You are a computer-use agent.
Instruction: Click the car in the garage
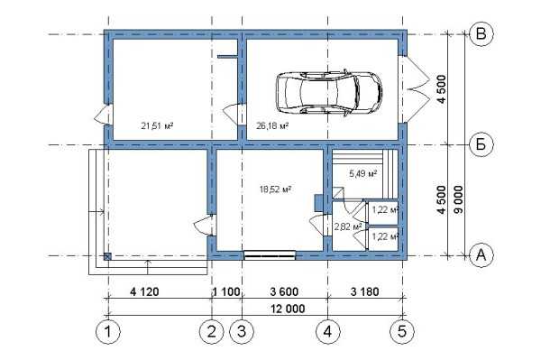tap(329, 93)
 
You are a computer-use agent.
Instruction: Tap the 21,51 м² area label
tap(157, 125)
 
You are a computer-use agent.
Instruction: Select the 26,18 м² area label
tap(272, 125)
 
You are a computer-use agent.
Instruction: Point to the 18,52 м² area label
tap(275, 189)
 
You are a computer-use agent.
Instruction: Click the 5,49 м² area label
tap(363, 173)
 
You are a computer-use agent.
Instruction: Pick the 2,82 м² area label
tap(348, 226)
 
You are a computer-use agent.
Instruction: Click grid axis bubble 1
tap(108, 332)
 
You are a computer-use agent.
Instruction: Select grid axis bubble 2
tap(212, 332)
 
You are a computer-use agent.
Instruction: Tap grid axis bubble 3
tap(242, 332)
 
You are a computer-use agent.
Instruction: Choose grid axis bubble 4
tap(328, 332)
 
